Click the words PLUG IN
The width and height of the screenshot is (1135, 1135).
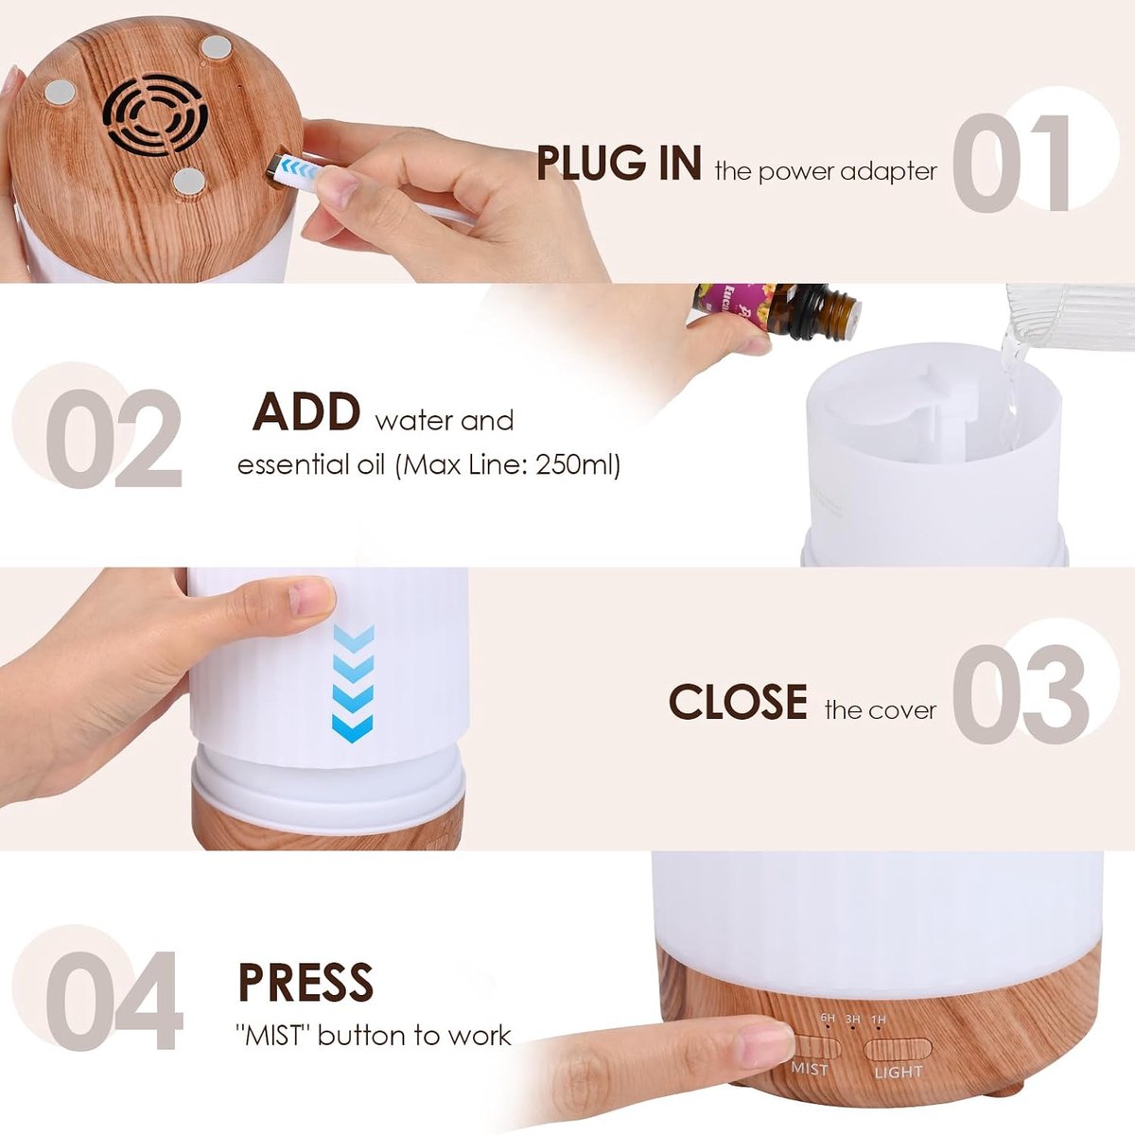619,163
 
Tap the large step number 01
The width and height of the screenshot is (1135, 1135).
1010,163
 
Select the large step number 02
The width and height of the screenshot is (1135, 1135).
113,438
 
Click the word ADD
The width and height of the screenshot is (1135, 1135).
306,411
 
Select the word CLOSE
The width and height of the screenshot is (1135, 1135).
738,701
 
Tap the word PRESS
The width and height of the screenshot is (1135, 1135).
306,982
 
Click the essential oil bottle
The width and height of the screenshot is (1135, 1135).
777,312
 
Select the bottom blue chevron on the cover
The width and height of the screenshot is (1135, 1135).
352,728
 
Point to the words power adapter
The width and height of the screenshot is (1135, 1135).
847,172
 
